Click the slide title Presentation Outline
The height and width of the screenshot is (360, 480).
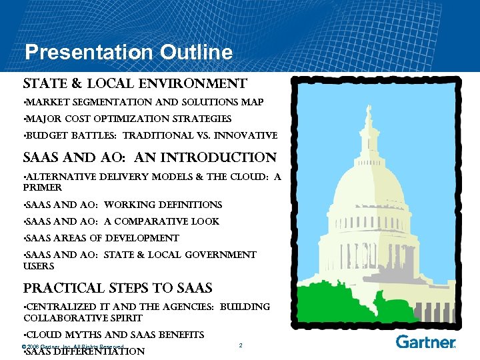(128, 52)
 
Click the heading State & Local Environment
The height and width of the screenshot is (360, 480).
(135, 84)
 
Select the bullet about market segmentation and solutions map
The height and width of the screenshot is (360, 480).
(144, 103)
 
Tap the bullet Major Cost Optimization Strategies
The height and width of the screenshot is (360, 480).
(128, 119)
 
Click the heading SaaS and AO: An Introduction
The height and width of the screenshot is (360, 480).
(149, 158)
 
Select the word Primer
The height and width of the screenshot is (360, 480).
(43, 188)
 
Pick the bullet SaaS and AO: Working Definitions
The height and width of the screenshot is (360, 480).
(123, 205)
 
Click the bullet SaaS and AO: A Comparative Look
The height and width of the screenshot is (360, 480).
(121, 222)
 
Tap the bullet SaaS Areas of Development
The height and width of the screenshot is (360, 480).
(101, 239)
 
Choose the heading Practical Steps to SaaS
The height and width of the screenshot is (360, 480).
(118, 289)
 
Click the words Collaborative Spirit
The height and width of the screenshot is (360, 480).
(83, 318)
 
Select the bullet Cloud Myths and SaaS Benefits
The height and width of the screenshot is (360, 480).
(114, 335)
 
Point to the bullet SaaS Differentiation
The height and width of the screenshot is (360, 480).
(84, 351)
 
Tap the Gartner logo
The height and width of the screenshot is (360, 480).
(425, 342)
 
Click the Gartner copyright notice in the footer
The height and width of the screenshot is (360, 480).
(73, 347)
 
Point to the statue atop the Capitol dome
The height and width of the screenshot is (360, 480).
(368, 110)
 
